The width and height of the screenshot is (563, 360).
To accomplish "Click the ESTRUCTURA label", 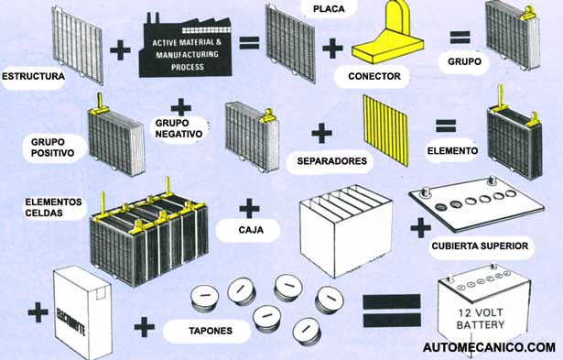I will (34, 76).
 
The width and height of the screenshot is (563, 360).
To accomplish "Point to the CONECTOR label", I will (374, 76).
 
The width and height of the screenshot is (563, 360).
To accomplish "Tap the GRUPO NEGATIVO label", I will (178, 128).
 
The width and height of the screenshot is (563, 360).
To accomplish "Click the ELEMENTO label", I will (452, 148).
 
